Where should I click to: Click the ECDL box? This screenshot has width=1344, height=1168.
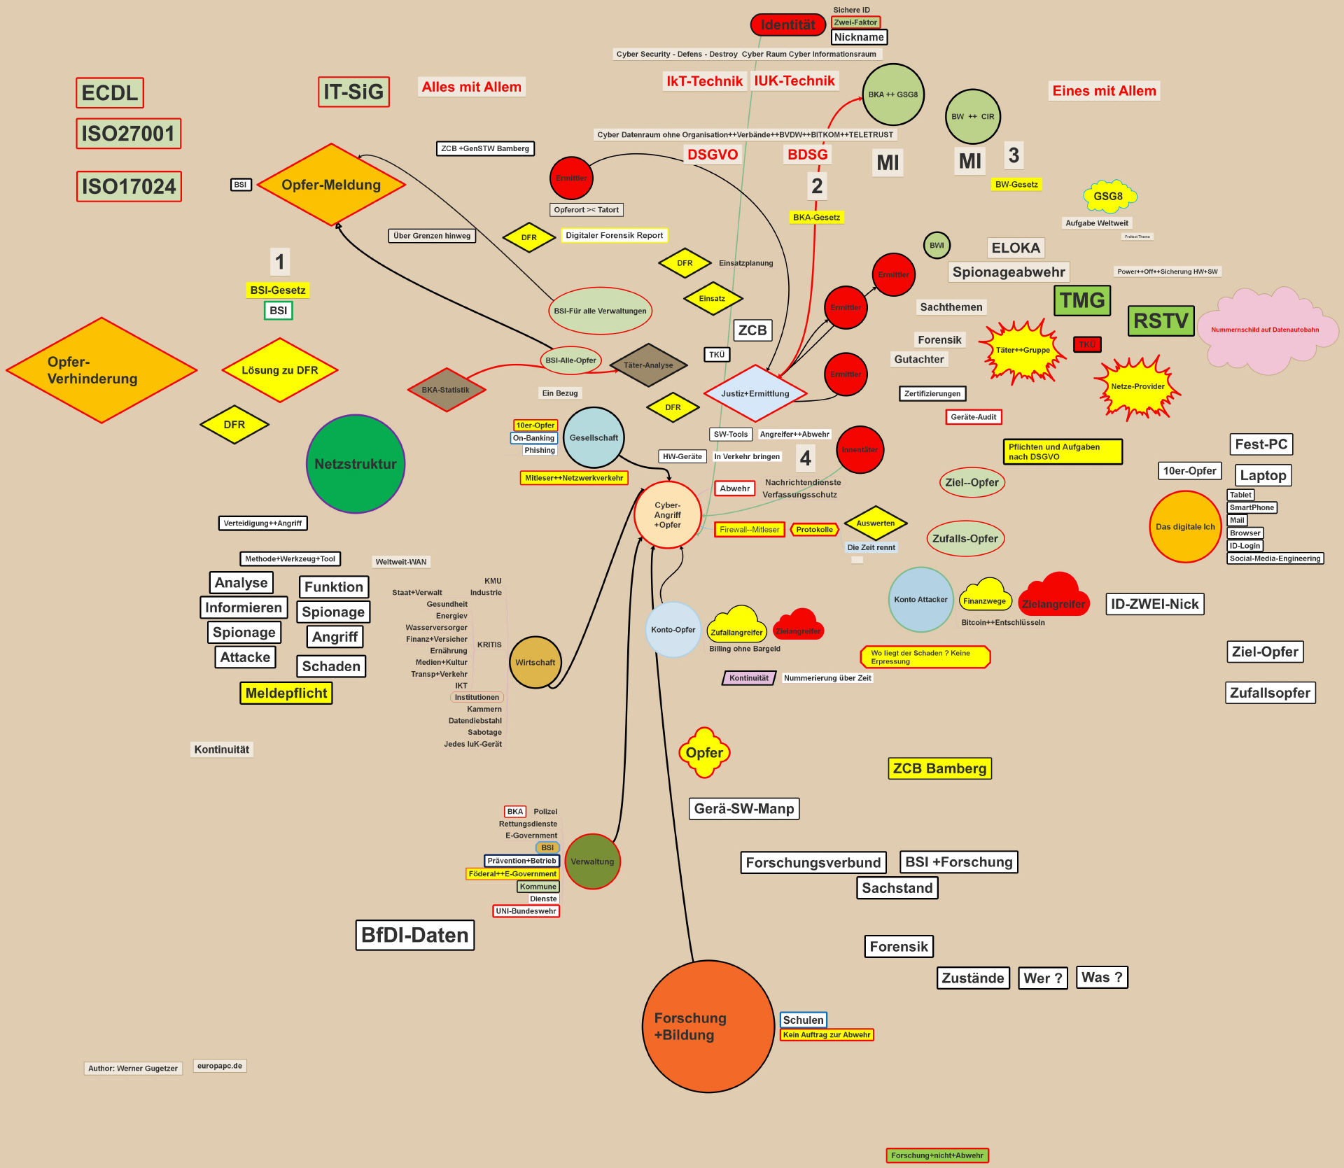point(110,93)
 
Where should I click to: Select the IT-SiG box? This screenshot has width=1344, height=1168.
point(353,92)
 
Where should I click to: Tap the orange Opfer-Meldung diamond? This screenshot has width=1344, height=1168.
point(331,185)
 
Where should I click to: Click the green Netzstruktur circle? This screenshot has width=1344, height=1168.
point(356,464)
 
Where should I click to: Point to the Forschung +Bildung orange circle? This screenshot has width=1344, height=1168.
point(708,1026)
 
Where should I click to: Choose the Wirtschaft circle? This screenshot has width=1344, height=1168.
point(535,662)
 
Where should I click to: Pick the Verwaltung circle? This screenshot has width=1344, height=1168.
point(592,861)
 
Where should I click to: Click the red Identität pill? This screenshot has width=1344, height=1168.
point(787,25)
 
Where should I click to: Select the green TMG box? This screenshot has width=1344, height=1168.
point(1081,300)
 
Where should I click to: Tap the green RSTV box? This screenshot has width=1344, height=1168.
point(1161,321)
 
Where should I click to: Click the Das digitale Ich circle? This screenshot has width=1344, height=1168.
point(1185,527)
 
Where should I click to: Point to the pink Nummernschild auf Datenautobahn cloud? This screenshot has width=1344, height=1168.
point(1264,330)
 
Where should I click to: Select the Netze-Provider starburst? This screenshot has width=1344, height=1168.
point(1137,387)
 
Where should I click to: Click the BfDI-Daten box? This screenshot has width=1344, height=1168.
point(415,935)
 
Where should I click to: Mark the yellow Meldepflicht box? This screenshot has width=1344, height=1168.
point(286,693)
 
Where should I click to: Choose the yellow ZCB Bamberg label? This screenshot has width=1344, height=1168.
point(939,768)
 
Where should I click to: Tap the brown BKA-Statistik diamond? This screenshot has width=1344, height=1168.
point(446,390)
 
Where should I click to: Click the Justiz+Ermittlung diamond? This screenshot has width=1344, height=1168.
point(755,393)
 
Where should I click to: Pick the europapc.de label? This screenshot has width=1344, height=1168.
point(220,1066)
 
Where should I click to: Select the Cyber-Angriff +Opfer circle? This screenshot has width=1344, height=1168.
point(667,515)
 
